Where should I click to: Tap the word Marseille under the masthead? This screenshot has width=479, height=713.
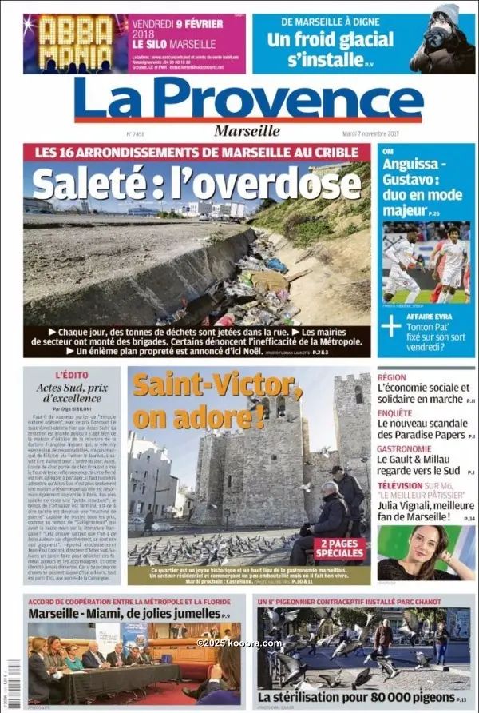247,131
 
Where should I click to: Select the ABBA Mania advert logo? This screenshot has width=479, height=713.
76,44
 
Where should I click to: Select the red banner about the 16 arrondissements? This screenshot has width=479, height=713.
196,153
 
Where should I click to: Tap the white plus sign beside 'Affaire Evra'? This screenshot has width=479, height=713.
391,325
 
